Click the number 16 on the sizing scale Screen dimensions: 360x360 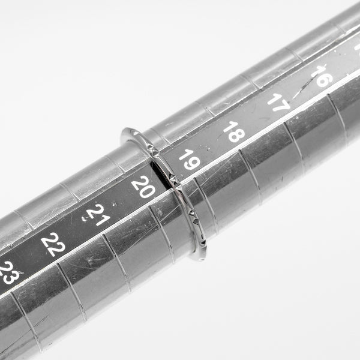point(322,76)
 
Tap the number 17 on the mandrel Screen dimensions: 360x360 point(279,103)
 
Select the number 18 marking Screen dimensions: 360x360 point(234,131)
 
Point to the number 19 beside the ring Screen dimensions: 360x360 point(190,160)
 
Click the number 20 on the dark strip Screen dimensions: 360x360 point(143,187)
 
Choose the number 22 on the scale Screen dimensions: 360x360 point(53,244)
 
